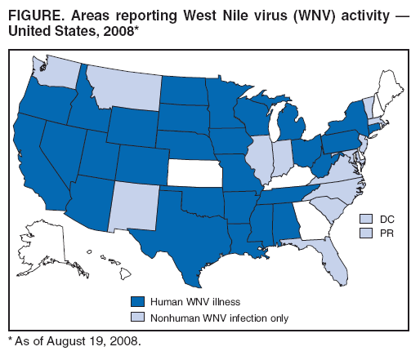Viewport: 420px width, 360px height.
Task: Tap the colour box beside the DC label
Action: [x=365, y=219]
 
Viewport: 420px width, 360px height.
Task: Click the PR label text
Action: [x=384, y=233]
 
